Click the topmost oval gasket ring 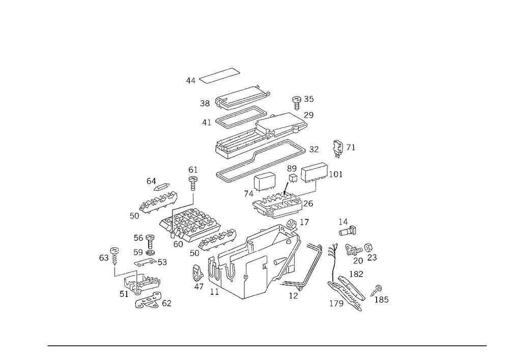[220, 76]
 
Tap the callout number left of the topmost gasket [190, 80]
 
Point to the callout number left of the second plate [205, 103]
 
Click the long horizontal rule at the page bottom [267, 345]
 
